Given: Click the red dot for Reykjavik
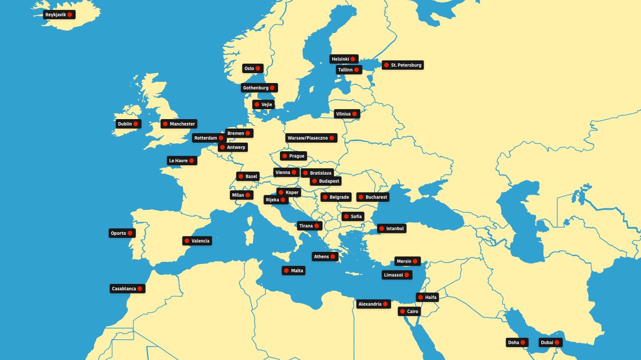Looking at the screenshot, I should (70, 15).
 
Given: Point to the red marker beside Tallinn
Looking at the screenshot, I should (357, 70).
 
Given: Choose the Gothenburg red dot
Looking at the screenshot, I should (273, 88).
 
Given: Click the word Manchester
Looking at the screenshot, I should (182, 124).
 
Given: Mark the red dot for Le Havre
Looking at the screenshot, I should (191, 161).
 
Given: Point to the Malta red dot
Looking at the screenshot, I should (286, 270).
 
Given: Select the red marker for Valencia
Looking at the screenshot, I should (187, 241).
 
